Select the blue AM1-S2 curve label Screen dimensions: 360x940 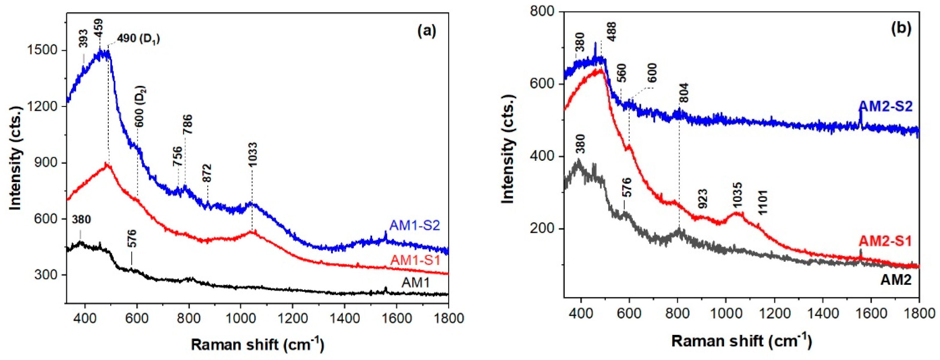coord(415,226)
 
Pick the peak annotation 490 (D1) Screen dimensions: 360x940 coord(138,38)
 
